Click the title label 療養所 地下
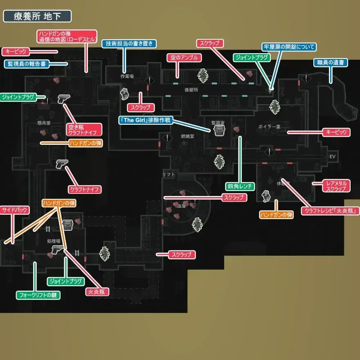(x=37, y=16)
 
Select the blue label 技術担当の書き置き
(x=125, y=44)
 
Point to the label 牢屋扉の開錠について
(x=289, y=47)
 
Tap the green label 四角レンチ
(x=240, y=187)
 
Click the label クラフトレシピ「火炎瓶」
(x=331, y=211)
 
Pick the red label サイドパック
(x=15, y=210)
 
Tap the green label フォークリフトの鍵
(x=38, y=295)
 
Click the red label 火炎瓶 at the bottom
(x=97, y=292)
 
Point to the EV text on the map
(x=332, y=157)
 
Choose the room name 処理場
(x=54, y=241)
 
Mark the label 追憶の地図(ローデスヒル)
(x=67, y=40)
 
